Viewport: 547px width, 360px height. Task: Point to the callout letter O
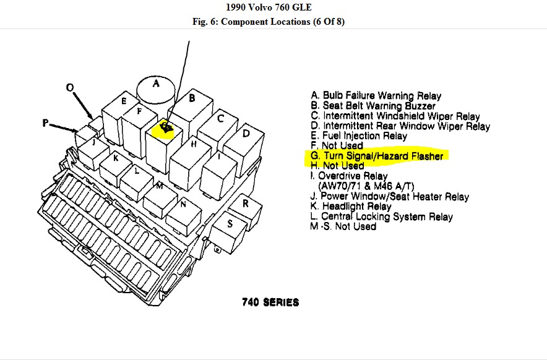pos(70,88)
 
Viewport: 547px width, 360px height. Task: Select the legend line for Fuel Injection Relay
pos(359,136)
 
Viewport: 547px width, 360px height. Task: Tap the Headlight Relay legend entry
pos(351,207)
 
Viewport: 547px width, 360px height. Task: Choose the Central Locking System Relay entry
pos(382,216)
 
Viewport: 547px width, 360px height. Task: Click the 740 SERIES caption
pos(270,302)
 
